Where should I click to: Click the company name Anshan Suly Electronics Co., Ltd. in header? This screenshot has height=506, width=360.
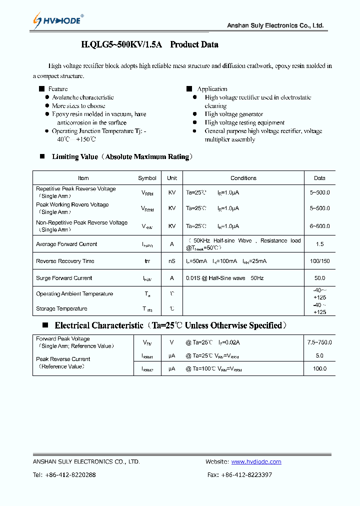[x=275, y=25]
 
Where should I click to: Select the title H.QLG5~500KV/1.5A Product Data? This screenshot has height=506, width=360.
[x=149, y=44]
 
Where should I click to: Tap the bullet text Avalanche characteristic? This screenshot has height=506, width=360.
[x=82, y=97]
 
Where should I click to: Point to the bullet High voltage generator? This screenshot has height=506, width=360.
[x=233, y=114]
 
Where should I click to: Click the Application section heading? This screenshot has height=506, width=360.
[x=212, y=89]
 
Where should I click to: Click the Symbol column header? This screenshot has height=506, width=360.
[x=147, y=178]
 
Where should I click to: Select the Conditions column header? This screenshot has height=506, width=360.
[x=243, y=178]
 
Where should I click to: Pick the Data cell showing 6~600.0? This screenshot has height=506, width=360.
[x=319, y=226]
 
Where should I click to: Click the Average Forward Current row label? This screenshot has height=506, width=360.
[x=66, y=244]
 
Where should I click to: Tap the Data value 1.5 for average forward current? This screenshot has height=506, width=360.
[x=319, y=244]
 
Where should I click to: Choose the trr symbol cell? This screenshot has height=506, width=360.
[x=147, y=261]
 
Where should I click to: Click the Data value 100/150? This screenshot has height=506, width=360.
[x=319, y=261]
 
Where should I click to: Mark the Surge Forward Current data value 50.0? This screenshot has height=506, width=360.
[x=319, y=278]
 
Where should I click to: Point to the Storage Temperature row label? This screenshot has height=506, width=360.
[x=61, y=309]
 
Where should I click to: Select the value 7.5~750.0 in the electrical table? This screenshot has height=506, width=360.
[x=319, y=342]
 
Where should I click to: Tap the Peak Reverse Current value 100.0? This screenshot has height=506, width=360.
[x=319, y=368]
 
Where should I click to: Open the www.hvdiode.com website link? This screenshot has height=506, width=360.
[x=256, y=462]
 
